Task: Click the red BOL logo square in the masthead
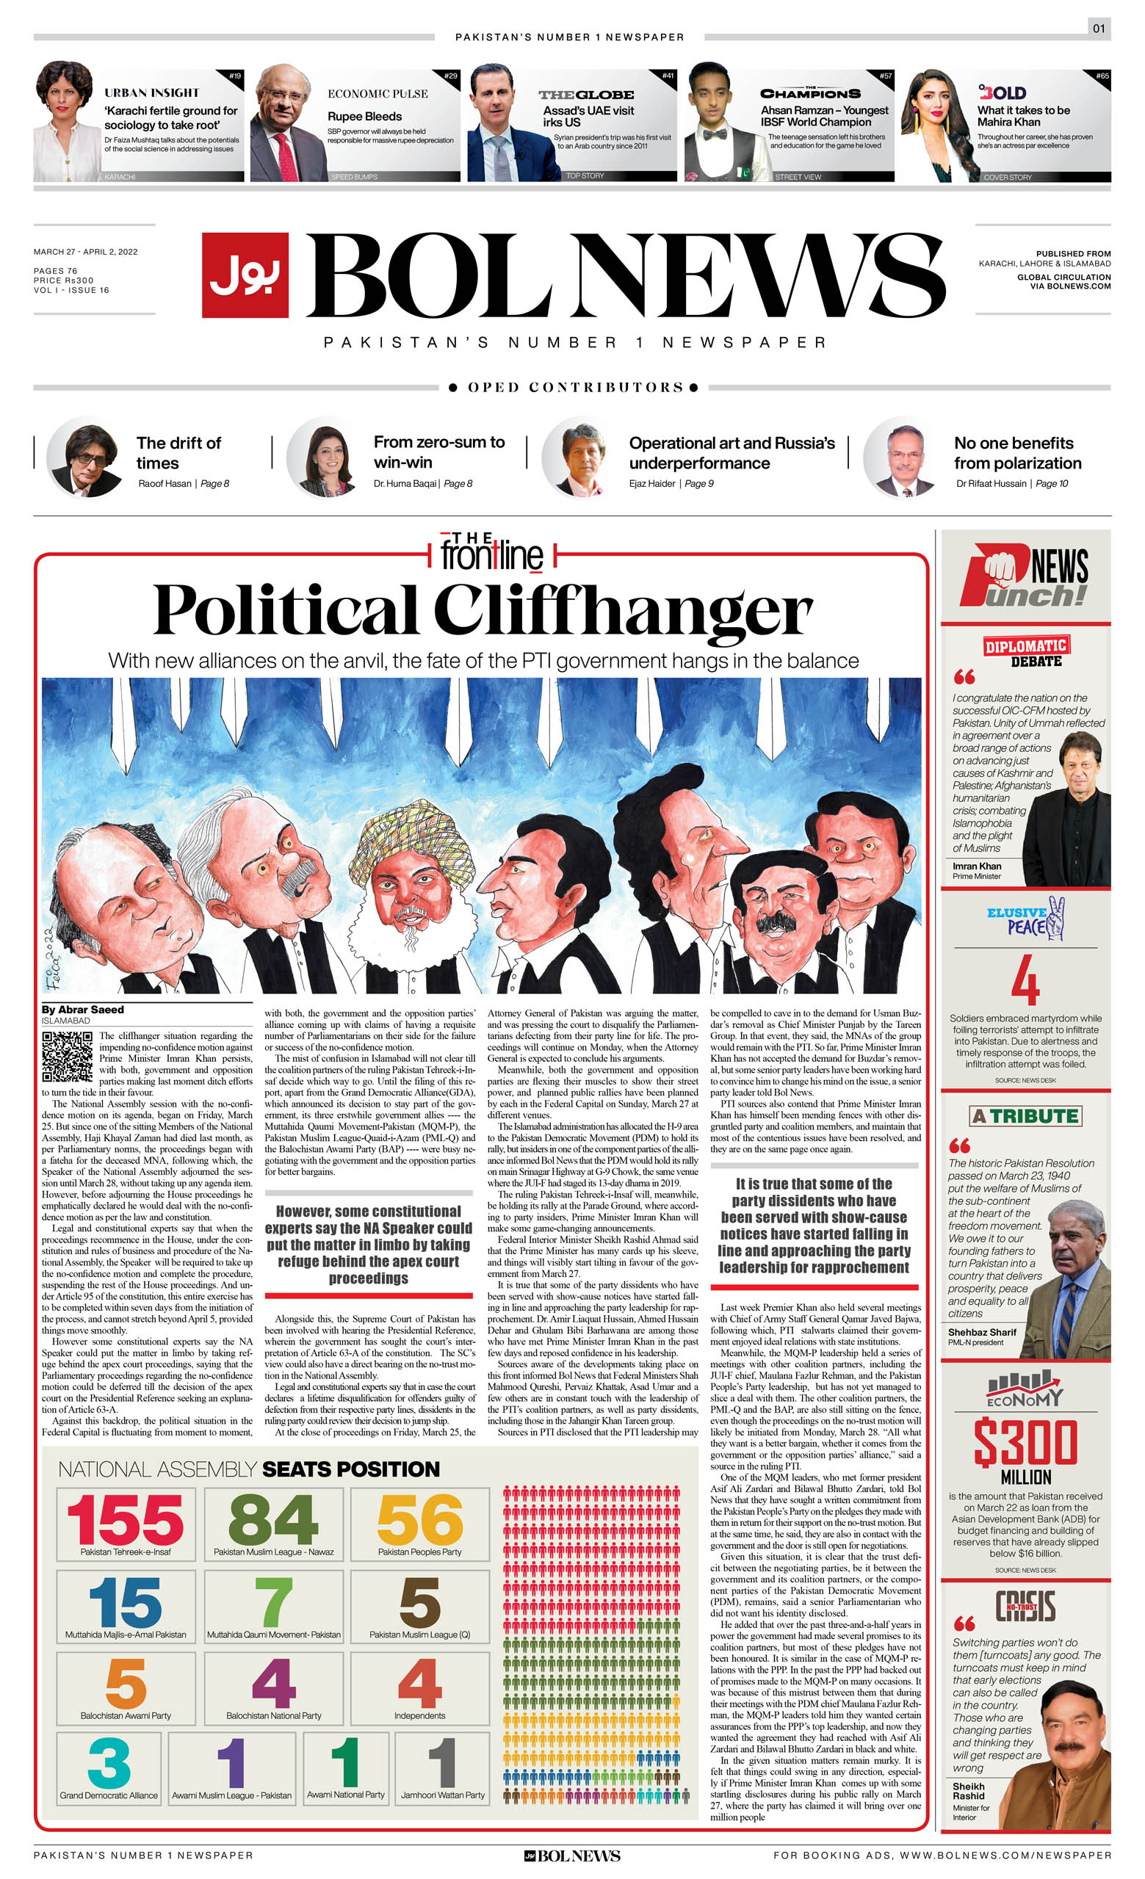(x=245, y=275)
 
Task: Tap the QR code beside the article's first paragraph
(x=67, y=1056)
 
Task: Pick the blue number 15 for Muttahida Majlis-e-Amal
(x=125, y=1603)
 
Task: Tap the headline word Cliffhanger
(x=624, y=611)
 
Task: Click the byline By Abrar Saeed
(x=82, y=1010)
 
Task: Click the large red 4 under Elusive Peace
(x=1025, y=981)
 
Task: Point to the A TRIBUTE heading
(x=1026, y=1116)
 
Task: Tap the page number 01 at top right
(x=1099, y=29)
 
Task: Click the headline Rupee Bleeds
(x=364, y=117)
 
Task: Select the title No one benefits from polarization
(x=1018, y=453)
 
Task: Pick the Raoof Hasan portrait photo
(x=84, y=457)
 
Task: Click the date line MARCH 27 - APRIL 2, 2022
(x=85, y=252)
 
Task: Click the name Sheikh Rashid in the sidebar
(x=969, y=1792)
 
